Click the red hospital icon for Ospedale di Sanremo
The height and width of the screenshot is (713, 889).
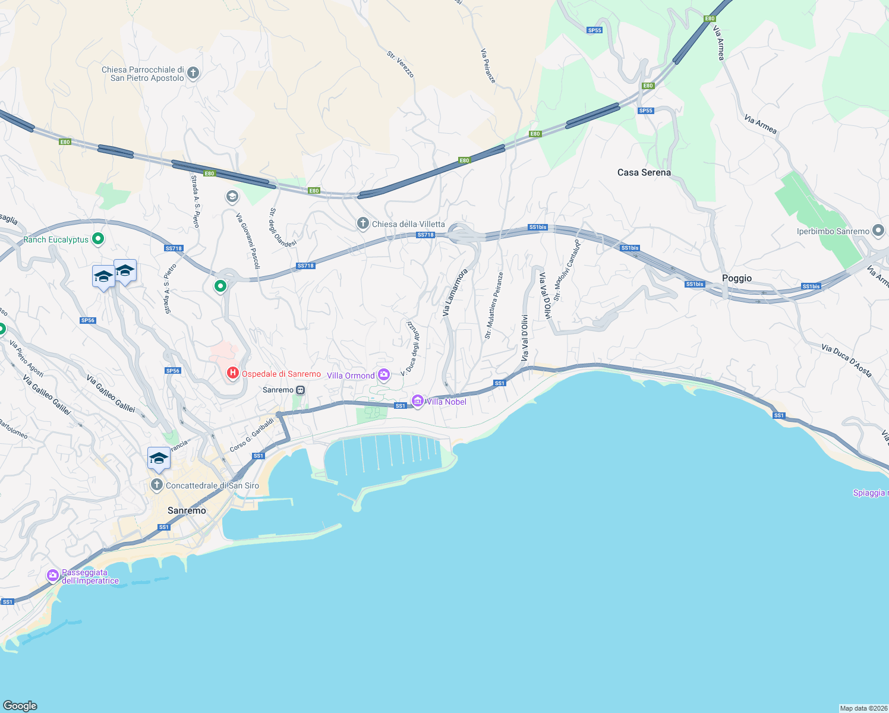[x=232, y=373]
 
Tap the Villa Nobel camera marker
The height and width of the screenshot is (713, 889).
[x=418, y=402]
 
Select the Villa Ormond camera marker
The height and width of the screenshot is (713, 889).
[x=384, y=374]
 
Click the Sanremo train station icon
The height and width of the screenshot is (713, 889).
[x=301, y=390]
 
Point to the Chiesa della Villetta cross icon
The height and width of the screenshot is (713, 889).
[x=362, y=223]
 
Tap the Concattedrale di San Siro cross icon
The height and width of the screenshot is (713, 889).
[x=156, y=485]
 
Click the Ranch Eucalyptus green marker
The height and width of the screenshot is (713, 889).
[x=98, y=239]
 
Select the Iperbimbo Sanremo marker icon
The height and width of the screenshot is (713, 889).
[x=878, y=231]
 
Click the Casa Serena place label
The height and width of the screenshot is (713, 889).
[x=644, y=172]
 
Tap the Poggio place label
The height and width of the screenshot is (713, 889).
[x=736, y=278]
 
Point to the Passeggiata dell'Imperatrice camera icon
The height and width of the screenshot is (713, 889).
[x=53, y=575]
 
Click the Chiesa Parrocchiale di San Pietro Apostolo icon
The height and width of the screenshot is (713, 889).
[x=193, y=73]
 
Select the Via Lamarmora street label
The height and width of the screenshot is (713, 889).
[x=455, y=292]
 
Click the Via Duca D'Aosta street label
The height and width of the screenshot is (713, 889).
[x=846, y=361]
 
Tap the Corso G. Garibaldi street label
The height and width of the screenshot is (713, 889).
[x=252, y=434]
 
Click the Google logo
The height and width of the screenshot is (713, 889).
[x=20, y=705]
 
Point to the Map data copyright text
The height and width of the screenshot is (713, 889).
[x=863, y=708]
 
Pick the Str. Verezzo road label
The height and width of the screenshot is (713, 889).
[x=400, y=64]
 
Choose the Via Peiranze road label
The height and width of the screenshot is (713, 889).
[x=488, y=65]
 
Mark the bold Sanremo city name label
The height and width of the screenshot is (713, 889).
[x=187, y=510]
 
